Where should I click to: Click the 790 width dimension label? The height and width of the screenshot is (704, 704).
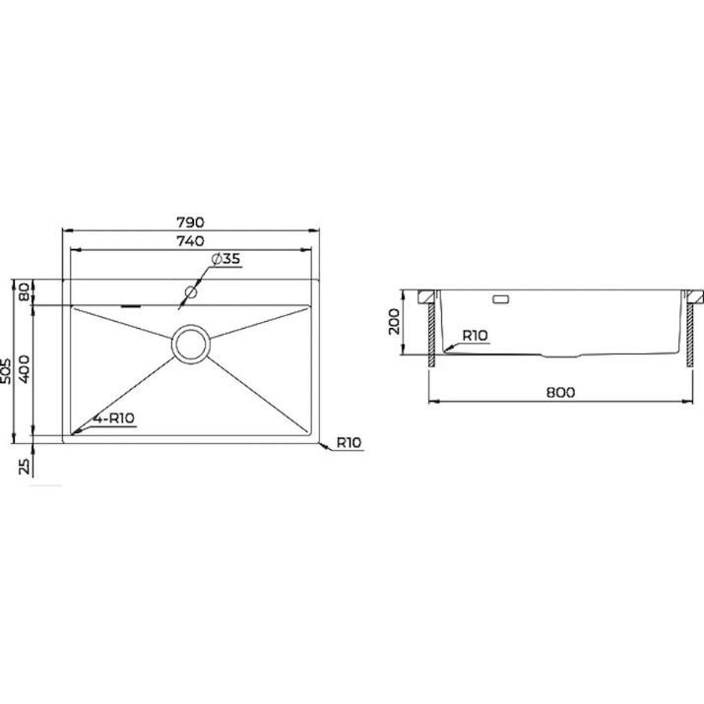pos(190,223)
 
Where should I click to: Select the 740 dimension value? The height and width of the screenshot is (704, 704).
pos(190,241)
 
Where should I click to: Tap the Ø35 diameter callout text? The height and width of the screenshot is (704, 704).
pos(225,259)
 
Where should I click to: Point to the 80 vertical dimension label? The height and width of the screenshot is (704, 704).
pos(25,292)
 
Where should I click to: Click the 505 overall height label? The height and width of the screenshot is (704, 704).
pos(6,371)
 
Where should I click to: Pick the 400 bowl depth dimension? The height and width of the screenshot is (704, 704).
pos(25,369)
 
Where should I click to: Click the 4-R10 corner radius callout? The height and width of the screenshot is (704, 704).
pos(113,418)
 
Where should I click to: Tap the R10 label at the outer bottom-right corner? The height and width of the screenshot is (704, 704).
pos(349,443)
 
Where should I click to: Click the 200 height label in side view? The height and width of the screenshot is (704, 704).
pos(394,321)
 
